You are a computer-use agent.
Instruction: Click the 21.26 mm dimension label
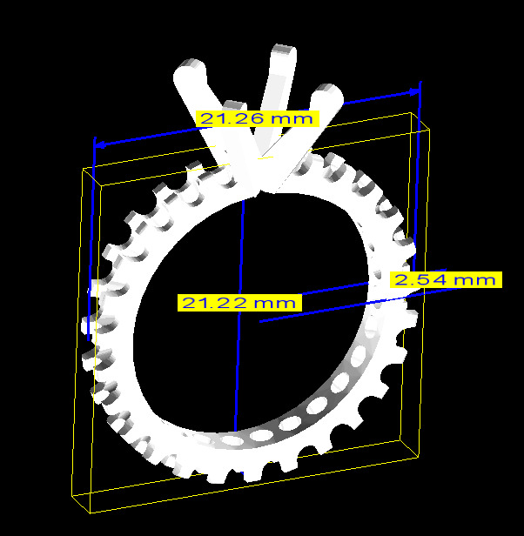point(259,117)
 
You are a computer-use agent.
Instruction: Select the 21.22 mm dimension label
point(239,303)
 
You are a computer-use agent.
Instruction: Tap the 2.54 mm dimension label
point(446,279)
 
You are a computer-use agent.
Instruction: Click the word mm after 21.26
point(293,117)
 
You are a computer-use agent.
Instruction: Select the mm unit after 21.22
point(276,303)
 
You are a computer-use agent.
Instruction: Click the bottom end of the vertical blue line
point(235,432)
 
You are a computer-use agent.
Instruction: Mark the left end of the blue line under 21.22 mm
point(260,321)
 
